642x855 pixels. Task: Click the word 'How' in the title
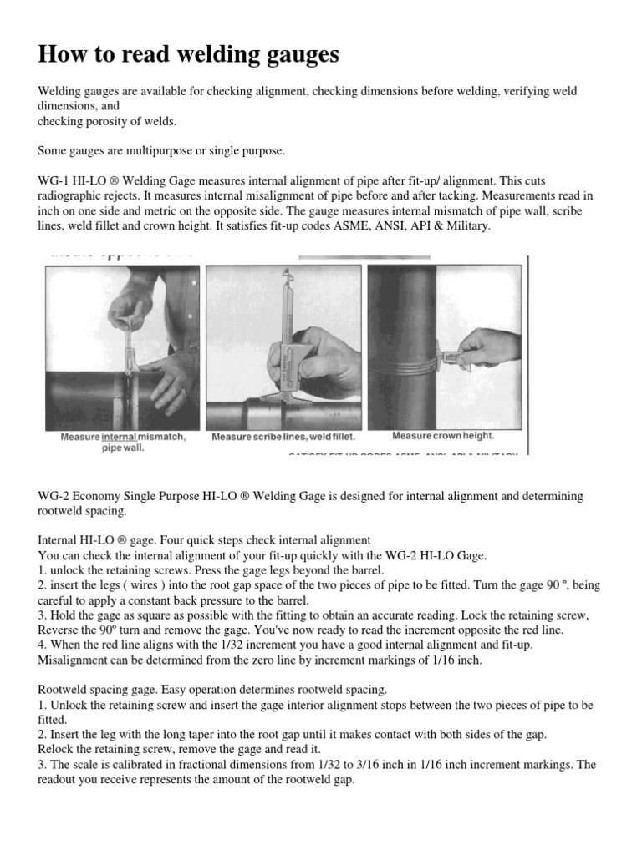[63, 54]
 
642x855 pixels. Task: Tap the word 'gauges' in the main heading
[294, 56]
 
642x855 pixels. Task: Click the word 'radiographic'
[70, 195]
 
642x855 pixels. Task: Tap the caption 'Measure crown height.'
[443, 436]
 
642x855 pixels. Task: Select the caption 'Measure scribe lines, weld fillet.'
[283, 437]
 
